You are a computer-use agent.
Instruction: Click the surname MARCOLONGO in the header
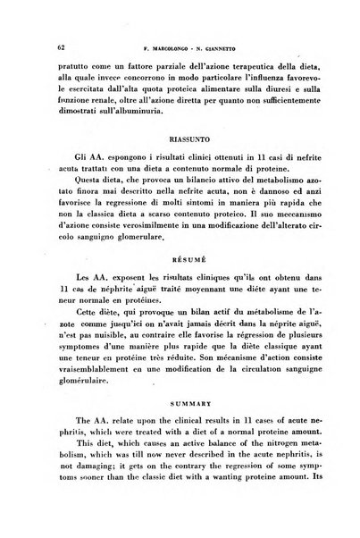(163, 46)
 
